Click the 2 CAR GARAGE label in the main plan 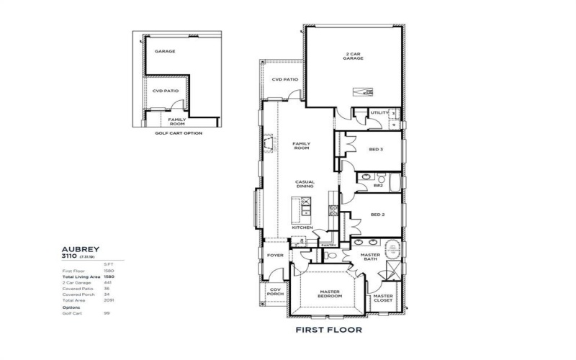tap(352, 56)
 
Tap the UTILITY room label tap(379, 113)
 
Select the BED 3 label tap(375, 150)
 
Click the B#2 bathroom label tap(378, 185)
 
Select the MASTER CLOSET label tap(383, 298)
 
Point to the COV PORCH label tap(274, 292)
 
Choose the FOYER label tap(276, 254)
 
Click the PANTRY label tap(328, 245)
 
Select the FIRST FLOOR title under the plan tap(328, 330)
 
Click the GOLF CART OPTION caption tap(179, 133)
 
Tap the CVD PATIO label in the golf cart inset tap(165, 91)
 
